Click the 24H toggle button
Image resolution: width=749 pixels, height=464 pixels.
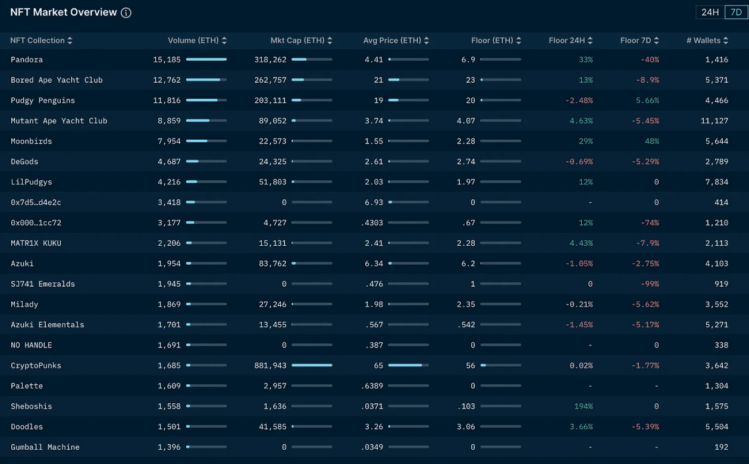click(x=710, y=12)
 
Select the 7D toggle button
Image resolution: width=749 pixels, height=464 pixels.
click(x=736, y=12)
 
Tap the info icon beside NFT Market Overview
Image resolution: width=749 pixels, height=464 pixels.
click(x=126, y=13)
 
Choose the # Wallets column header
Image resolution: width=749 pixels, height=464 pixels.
click(x=707, y=40)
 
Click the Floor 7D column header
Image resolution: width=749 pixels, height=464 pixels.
click(x=639, y=40)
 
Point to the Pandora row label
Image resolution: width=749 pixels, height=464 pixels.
click(x=27, y=59)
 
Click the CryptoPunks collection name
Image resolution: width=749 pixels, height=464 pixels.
click(x=36, y=365)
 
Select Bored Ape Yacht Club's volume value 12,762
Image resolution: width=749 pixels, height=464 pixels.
click(x=167, y=80)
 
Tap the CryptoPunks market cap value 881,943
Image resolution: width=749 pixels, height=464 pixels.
click(x=270, y=365)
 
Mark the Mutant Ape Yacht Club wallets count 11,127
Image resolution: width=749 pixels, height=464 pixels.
click(x=714, y=121)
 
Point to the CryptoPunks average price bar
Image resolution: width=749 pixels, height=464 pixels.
click(x=408, y=365)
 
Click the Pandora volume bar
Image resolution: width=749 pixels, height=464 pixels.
click(x=206, y=59)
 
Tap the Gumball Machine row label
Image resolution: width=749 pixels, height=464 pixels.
click(x=45, y=447)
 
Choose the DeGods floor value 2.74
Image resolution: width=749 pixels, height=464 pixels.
click(x=466, y=161)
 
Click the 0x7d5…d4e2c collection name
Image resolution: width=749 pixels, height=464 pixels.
click(x=36, y=202)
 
